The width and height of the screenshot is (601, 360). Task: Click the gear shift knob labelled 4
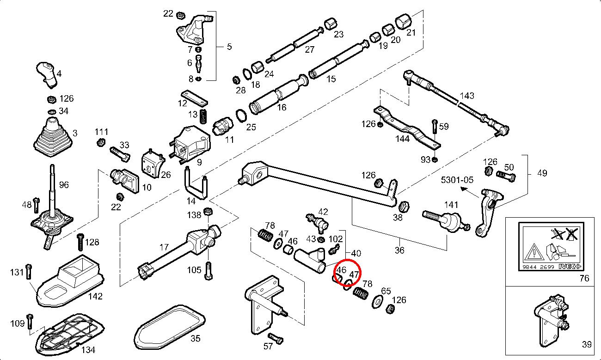47,74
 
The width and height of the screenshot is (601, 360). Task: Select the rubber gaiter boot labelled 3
53,137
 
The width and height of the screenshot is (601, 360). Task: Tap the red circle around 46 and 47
347,271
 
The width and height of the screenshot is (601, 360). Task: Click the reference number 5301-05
457,180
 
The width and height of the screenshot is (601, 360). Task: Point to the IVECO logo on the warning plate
570,266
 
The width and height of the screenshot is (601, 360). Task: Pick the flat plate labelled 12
194,98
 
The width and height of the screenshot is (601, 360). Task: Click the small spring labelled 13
203,116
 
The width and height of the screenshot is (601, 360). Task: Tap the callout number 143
467,96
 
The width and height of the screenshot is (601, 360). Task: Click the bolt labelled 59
435,130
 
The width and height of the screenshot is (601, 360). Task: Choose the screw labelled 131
29,271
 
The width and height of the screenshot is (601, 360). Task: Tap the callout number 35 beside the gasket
195,339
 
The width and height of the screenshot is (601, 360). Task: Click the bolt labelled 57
276,338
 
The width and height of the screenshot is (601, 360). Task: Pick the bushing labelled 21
404,21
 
